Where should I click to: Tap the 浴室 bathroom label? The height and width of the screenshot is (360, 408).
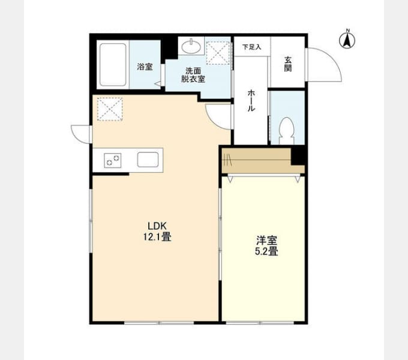pyautogui.click(x=145, y=67)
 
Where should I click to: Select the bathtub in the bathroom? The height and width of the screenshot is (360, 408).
pyautogui.click(x=113, y=65)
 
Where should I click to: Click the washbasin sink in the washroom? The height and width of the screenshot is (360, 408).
pyautogui.click(x=191, y=47)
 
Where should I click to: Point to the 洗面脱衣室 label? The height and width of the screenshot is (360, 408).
pyautogui.click(x=193, y=75)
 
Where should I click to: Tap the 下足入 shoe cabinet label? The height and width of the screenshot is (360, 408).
pyautogui.click(x=251, y=47)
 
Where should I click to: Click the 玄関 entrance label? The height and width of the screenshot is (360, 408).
pyautogui.click(x=288, y=64)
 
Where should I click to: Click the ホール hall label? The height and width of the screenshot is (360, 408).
pyautogui.click(x=251, y=100)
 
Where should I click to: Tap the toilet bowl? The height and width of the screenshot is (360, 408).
pyautogui.click(x=286, y=131)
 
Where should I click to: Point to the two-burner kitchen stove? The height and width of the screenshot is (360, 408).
pyautogui.click(x=113, y=160)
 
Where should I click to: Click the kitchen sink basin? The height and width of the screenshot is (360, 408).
pyautogui.click(x=148, y=160)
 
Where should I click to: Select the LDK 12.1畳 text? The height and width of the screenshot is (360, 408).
pyautogui.click(x=157, y=231)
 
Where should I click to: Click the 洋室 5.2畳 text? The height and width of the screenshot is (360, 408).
pyautogui.click(x=266, y=246)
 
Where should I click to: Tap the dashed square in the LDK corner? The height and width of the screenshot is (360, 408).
pyautogui.click(x=110, y=109)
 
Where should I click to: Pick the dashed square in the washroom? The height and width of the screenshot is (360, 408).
pyautogui.click(x=218, y=53)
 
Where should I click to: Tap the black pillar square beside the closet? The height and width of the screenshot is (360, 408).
pyautogui.click(x=299, y=155)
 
